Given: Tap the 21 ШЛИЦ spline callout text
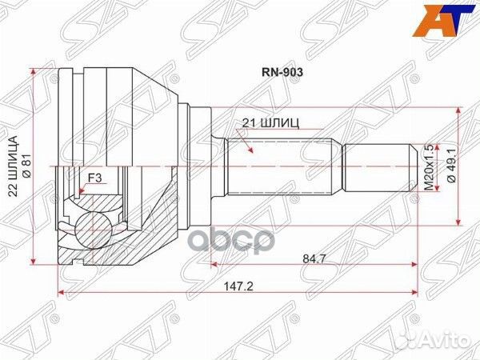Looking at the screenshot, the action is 271,123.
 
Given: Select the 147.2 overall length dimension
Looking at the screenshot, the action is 238,287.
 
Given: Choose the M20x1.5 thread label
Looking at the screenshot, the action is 430,167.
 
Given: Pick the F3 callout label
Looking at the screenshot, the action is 94,178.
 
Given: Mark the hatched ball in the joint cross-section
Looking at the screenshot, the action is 93,230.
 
